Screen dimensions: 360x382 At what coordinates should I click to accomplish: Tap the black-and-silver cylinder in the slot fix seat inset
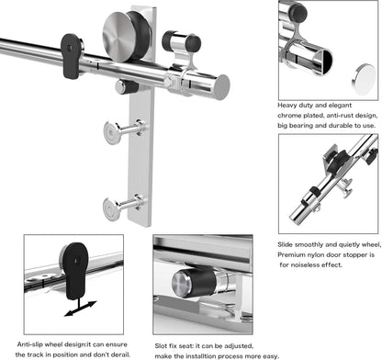(206, 279)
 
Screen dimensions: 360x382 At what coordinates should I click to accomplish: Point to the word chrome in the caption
(293, 117)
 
